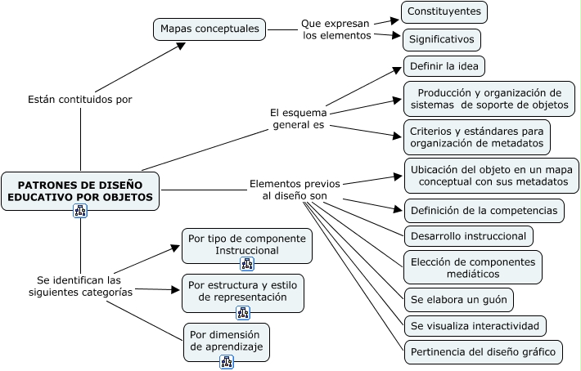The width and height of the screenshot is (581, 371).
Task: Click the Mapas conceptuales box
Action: [x=210, y=29]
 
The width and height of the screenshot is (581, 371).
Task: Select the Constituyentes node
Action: [x=444, y=12]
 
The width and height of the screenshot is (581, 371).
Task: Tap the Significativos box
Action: [x=441, y=38]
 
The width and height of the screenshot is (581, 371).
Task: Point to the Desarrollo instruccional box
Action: [x=469, y=236]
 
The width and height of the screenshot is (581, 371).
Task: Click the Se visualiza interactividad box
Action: [x=475, y=326]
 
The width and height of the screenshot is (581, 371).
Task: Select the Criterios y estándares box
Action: [x=476, y=136]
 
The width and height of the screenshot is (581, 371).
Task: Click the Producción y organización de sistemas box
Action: [x=489, y=99]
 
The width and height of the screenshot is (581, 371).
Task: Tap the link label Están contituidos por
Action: [x=80, y=99]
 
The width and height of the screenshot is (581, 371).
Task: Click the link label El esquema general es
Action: [x=298, y=118]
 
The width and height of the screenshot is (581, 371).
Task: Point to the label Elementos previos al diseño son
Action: [x=295, y=190]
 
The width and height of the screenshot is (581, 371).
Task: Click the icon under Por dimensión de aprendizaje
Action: [x=227, y=362]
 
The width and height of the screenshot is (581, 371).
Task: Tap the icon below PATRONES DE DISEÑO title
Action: [x=80, y=212]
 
